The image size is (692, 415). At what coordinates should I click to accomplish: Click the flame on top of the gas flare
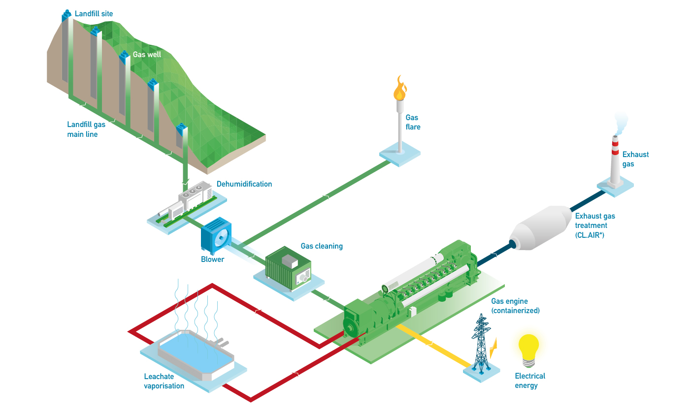coord(399,89)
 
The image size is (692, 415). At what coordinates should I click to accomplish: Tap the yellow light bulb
coord(528,349)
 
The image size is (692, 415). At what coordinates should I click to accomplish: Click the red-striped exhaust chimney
coord(615,160)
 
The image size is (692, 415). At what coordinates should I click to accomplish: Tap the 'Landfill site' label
coord(94,14)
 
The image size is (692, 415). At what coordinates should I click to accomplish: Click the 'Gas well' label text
coord(147,55)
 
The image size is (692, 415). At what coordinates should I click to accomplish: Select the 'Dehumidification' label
coord(244,184)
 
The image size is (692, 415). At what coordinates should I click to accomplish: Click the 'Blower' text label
coord(212,259)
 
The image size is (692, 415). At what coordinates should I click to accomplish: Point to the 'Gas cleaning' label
coord(322,246)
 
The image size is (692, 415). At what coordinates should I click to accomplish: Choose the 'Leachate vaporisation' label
coord(164,381)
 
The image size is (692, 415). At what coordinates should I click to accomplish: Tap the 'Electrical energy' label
coord(530,381)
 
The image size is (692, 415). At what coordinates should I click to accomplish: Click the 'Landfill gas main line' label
coord(86,129)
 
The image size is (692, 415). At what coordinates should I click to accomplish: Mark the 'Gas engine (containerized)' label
coord(515,306)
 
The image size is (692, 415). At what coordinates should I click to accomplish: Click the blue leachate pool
coord(195,354)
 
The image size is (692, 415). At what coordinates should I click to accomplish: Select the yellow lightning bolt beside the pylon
coord(494,348)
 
